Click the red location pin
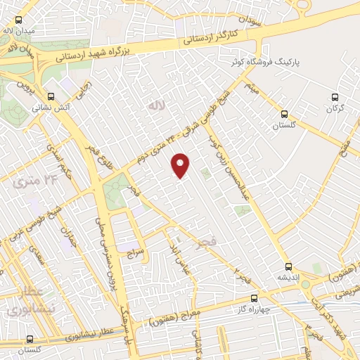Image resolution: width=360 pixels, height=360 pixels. coord(181,165)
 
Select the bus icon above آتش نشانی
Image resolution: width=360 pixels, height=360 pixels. coord(50,97)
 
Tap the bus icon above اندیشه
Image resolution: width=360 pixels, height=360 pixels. coord(288,266)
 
